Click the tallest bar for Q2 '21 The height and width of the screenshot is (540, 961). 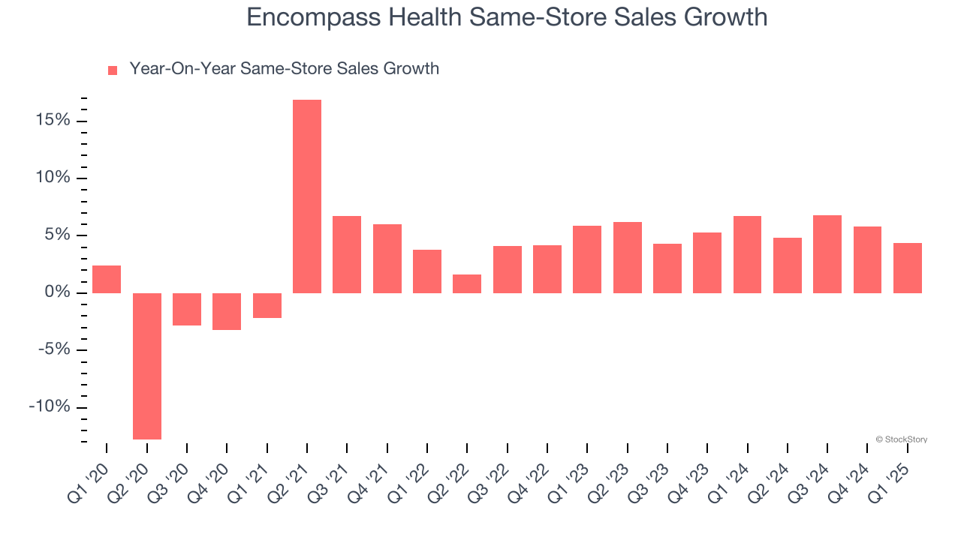point(307,196)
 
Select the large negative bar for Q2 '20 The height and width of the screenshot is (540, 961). point(146,366)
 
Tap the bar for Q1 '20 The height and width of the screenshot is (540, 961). point(107,279)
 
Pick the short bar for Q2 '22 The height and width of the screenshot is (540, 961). point(467,283)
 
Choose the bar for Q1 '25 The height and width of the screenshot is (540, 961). point(908,268)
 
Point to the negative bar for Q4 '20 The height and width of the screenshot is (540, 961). point(227,311)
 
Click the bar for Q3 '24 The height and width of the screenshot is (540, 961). point(827,253)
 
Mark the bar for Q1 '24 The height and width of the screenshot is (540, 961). point(747,254)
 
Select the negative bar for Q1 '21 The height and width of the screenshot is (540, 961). point(267,305)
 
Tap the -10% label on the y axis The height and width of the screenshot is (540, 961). point(49,407)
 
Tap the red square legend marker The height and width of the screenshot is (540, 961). point(113,70)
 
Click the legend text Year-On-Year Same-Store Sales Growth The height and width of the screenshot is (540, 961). point(284,69)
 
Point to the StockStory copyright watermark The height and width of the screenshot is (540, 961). point(901,439)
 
